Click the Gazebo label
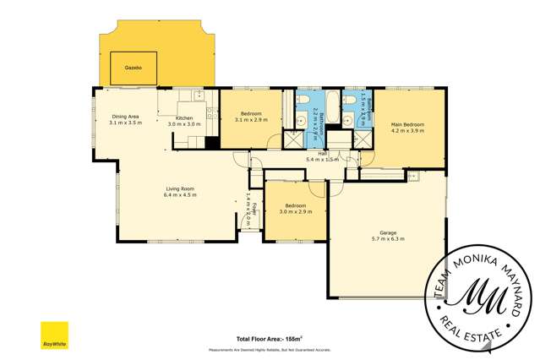(x=133, y=66)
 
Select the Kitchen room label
(x=184, y=118)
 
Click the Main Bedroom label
(x=407, y=124)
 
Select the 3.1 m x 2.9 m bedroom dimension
(x=252, y=120)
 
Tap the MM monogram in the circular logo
(x=477, y=292)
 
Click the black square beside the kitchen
(x=212, y=142)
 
